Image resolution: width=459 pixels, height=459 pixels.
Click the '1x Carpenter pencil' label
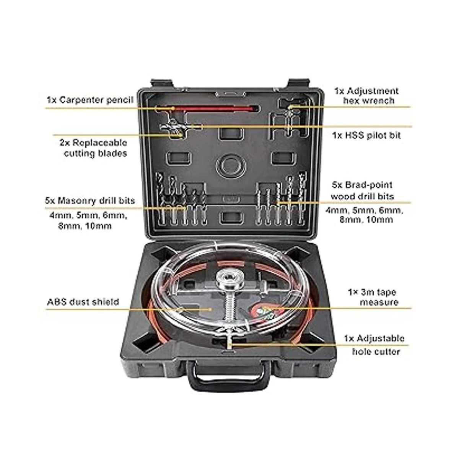pos(90,100)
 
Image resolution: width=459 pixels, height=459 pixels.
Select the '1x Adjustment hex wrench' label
pos(366,96)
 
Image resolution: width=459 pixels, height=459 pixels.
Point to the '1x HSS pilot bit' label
pos(366,135)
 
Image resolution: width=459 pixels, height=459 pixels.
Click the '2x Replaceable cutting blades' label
pos(94,148)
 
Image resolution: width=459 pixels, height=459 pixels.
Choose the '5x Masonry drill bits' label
pos(90,200)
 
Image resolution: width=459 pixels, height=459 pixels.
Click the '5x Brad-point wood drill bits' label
pos(363,191)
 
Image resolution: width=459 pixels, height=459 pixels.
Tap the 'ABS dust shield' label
pos(83,302)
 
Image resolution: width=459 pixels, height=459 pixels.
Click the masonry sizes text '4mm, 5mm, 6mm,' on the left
pos(88,216)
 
